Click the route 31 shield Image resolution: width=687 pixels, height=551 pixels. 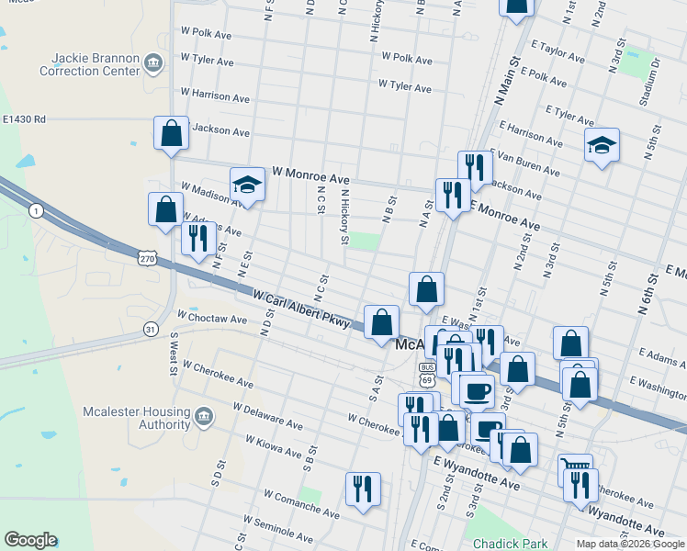151,329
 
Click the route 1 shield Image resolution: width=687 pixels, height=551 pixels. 36,211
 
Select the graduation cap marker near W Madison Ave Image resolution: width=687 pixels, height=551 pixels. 246,186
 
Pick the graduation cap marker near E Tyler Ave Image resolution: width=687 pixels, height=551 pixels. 602,145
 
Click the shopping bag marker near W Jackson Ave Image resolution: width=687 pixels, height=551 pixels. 172,134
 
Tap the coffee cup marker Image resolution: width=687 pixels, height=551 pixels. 476,390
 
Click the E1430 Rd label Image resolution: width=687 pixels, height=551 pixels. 24,119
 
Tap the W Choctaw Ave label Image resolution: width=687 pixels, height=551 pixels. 212,319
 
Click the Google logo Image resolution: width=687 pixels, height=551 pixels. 30,540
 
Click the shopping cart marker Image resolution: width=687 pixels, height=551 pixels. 575,469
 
